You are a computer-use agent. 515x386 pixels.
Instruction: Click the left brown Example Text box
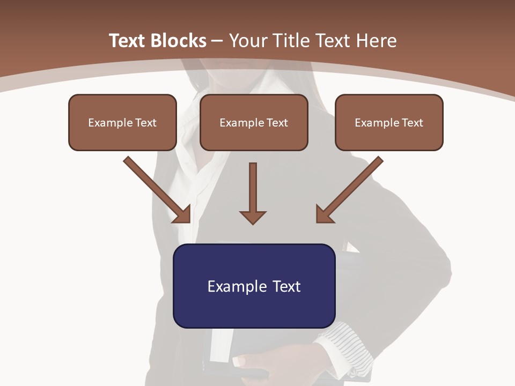(122, 122)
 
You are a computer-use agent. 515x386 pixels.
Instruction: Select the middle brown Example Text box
(254, 122)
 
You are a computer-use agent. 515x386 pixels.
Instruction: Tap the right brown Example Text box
(389, 122)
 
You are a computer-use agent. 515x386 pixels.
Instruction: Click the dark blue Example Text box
(254, 286)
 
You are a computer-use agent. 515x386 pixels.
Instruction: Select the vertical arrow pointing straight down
(253, 193)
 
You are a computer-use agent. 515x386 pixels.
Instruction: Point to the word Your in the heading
(246, 41)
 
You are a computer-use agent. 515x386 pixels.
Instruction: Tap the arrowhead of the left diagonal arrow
(183, 215)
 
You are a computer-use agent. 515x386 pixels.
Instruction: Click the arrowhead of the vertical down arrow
(253, 217)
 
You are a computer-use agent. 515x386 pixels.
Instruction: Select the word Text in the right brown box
(412, 122)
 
